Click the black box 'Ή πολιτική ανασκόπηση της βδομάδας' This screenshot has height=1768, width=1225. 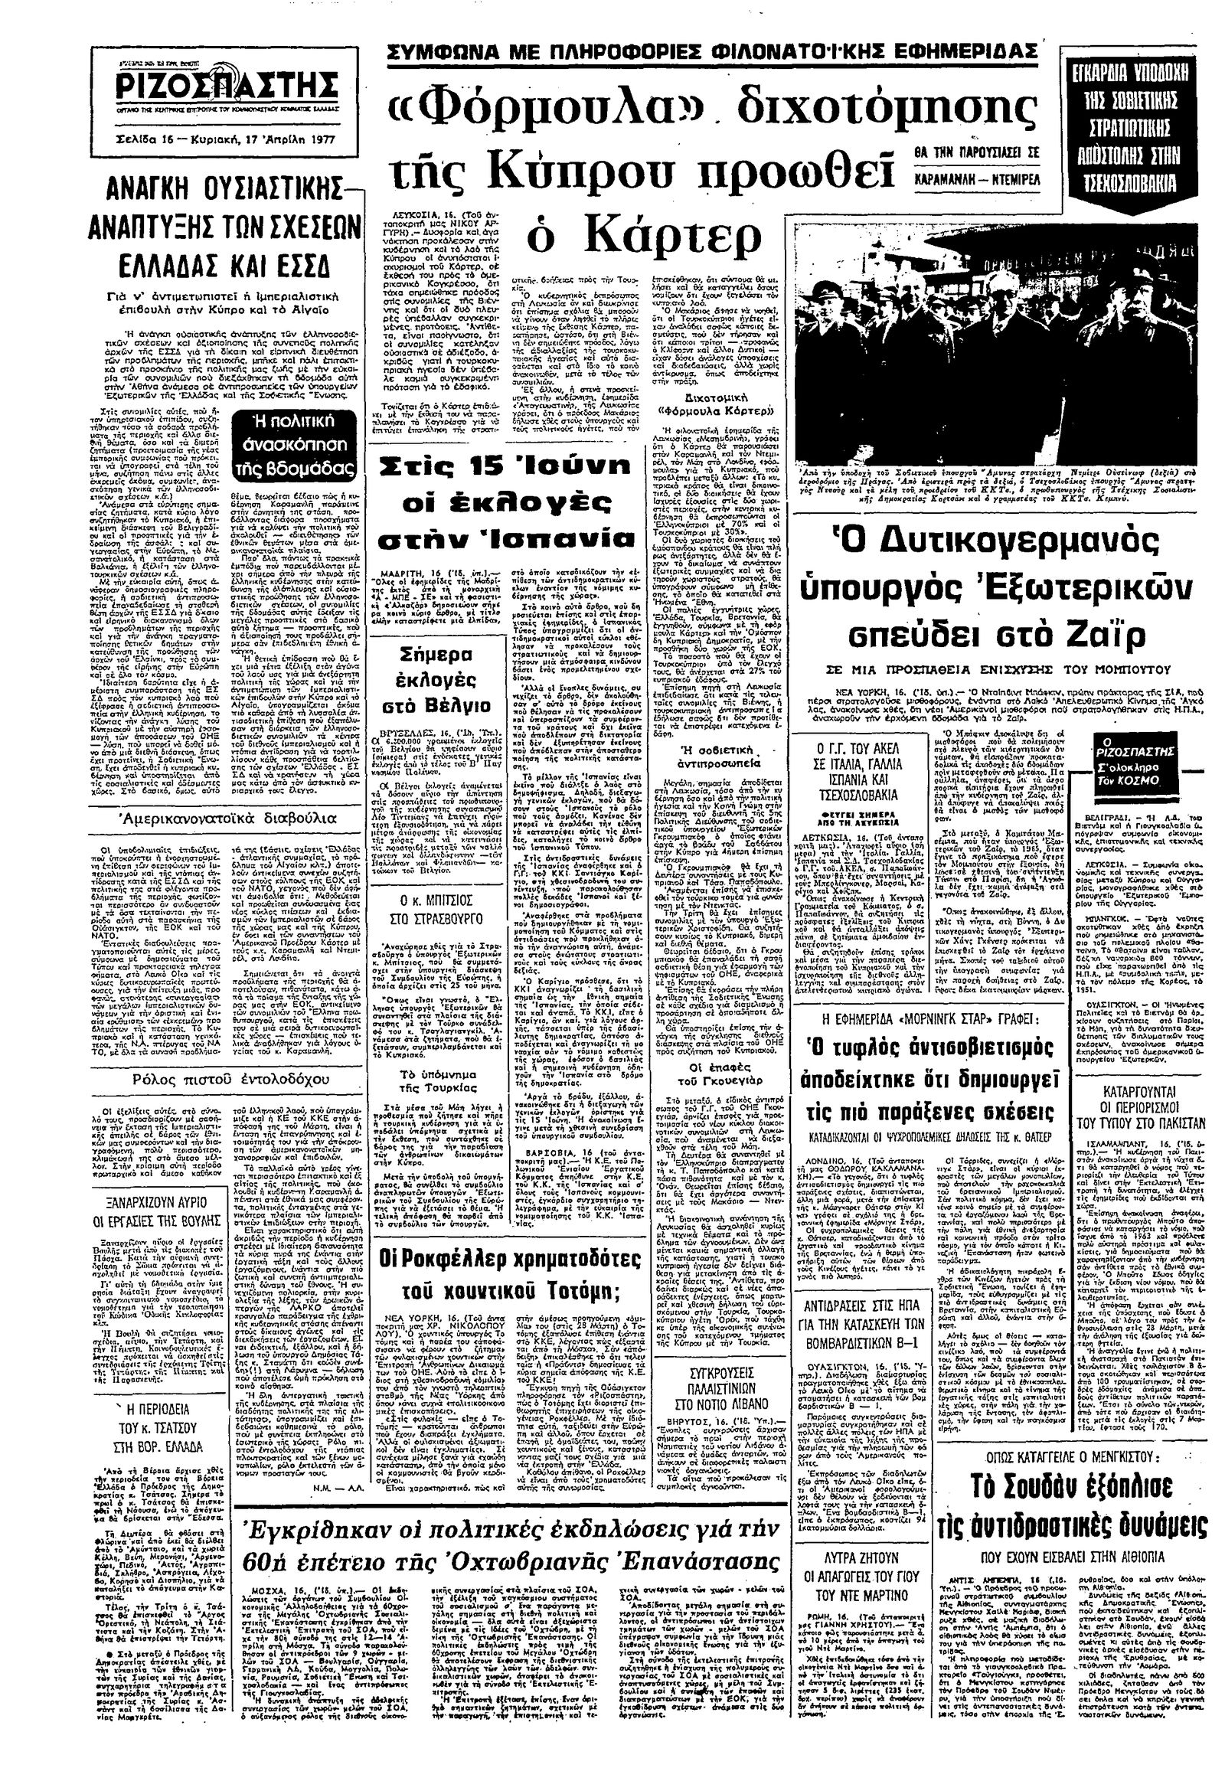point(305,445)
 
